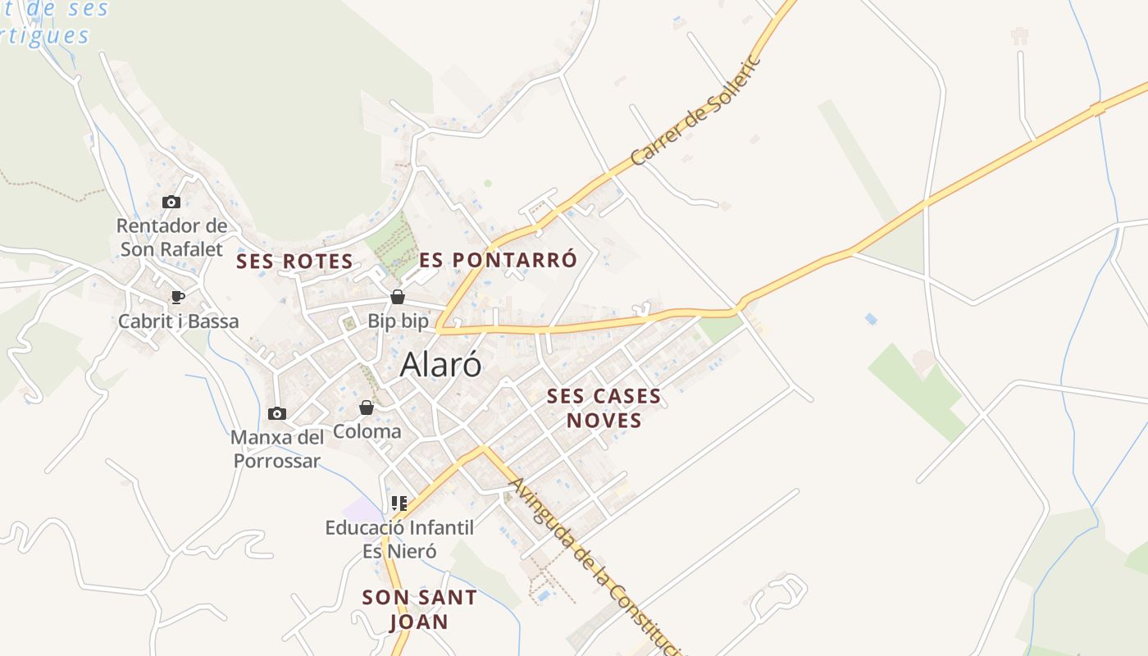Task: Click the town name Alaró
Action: [x=440, y=365]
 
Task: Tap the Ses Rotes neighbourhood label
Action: [x=294, y=262]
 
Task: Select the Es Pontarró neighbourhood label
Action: [x=499, y=260]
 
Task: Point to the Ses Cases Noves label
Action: [x=604, y=408]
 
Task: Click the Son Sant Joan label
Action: [x=419, y=608]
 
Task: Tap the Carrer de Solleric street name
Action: [x=697, y=111]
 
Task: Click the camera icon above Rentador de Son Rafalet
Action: [x=171, y=202]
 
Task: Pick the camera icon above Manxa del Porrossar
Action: [x=277, y=413]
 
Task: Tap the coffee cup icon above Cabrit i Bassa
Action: [x=177, y=297]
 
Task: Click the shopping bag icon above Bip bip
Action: [x=398, y=297]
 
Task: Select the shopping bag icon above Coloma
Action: [x=367, y=408]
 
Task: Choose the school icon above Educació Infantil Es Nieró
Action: [x=399, y=503]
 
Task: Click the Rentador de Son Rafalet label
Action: [x=171, y=237]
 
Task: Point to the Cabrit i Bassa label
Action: [x=179, y=321]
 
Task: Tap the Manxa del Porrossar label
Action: [x=277, y=449]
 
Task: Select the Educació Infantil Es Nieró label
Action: [x=399, y=539]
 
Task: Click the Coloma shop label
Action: [x=367, y=431]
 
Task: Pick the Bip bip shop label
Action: [x=398, y=321]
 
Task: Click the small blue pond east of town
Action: [x=870, y=318]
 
